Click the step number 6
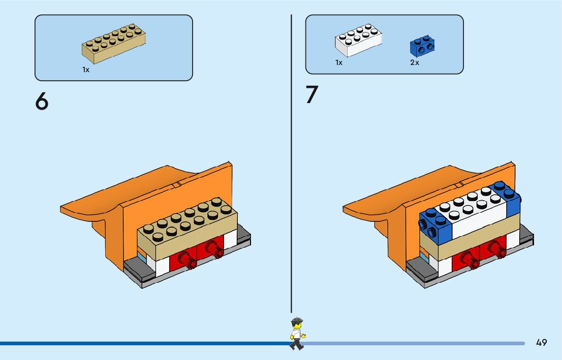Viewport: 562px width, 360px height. point(42,102)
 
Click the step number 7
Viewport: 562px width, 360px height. point(311,95)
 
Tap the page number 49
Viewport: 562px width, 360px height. point(541,343)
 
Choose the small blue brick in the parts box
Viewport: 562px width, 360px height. point(424,46)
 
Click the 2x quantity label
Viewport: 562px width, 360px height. point(415,63)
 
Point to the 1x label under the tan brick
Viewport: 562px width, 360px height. point(86,70)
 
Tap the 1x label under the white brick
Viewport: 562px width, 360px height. point(339,63)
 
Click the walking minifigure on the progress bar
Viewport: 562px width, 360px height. point(297,334)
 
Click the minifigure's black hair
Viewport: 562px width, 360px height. point(297,321)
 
